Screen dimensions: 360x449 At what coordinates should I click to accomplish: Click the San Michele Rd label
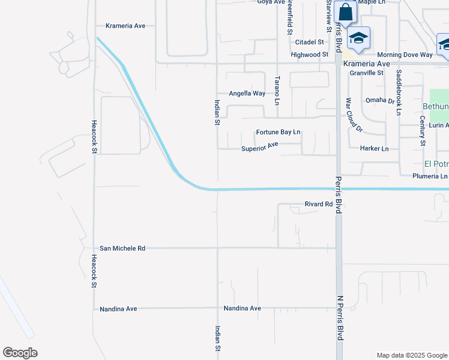[122, 248]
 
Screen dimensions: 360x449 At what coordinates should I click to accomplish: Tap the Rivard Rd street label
[319, 204]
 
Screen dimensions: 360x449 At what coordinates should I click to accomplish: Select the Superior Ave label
[260, 147]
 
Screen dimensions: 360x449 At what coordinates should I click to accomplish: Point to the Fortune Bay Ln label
[278, 132]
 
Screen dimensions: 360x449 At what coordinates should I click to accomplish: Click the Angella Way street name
[247, 94]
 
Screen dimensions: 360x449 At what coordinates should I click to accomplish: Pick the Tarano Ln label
[277, 90]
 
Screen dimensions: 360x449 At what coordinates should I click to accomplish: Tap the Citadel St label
[310, 42]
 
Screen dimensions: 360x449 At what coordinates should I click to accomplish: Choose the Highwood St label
[309, 54]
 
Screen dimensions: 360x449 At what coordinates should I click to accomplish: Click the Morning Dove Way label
[405, 55]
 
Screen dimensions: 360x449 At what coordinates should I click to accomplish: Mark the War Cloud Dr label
[354, 115]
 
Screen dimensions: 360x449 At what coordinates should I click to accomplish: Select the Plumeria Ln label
[430, 176]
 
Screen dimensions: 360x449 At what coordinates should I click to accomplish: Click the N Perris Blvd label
[340, 318]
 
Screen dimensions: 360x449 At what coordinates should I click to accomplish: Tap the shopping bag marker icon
[346, 11]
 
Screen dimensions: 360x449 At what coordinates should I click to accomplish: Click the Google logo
[20, 353]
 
